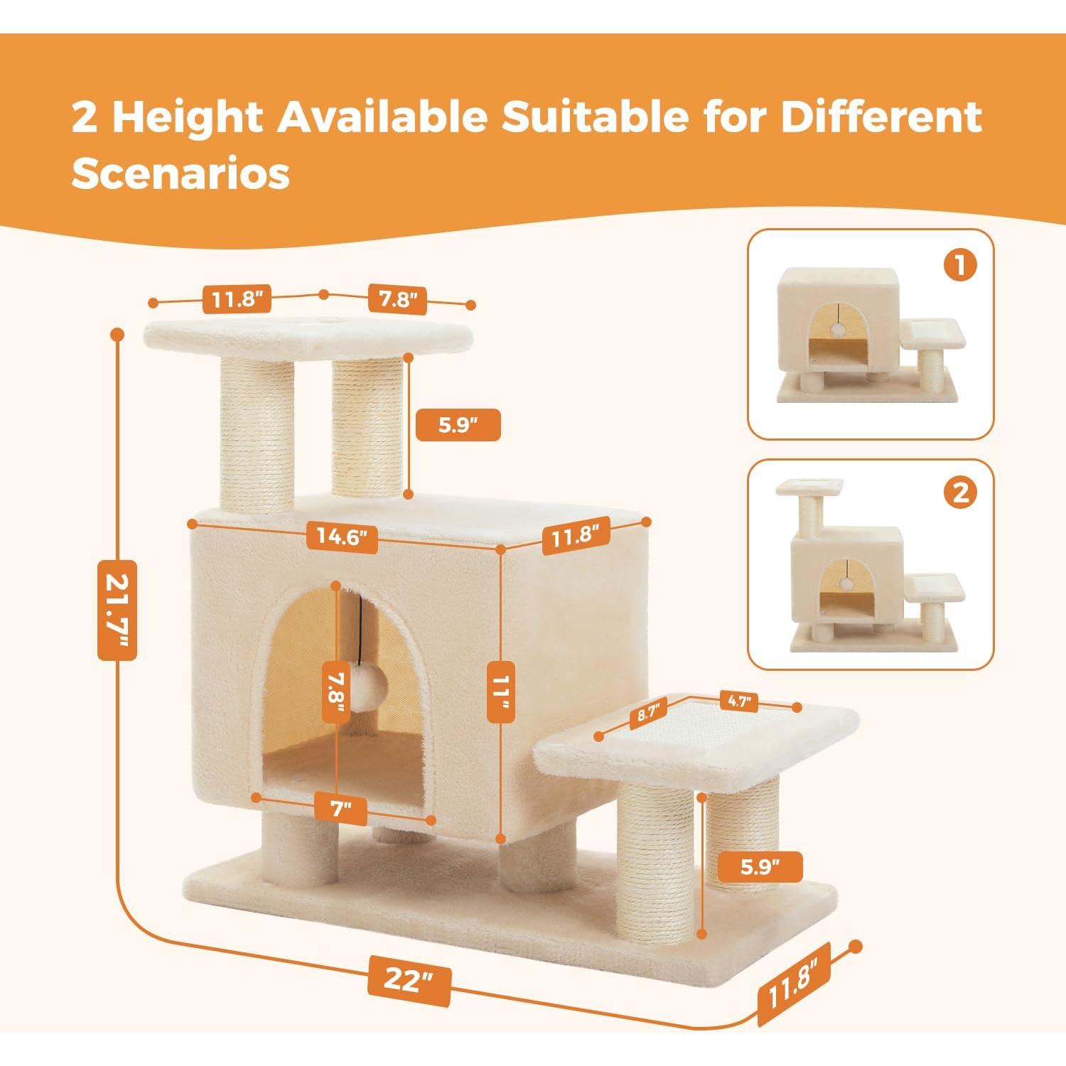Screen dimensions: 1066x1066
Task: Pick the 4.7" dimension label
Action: (739, 701)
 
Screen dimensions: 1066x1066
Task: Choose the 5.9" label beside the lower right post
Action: (760, 866)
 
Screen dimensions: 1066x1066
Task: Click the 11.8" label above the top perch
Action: (237, 298)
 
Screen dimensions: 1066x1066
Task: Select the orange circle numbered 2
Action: (960, 492)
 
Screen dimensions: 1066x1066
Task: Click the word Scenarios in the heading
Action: (181, 173)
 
